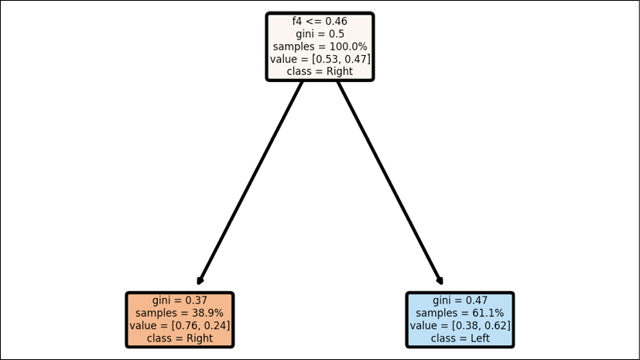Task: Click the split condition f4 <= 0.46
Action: pos(320,21)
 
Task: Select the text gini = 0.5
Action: pos(320,34)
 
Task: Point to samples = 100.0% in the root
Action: pos(320,46)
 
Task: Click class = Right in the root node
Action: pos(320,71)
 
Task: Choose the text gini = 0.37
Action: pos(180,300)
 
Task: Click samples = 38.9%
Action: pos(180,313)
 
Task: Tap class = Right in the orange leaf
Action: pos(180,338)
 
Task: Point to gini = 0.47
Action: pos(460,300)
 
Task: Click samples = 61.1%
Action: pos(460,313)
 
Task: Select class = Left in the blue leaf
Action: pos(460,338)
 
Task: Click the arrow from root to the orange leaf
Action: pos(250,183)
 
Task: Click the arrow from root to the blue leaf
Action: pos(390,183)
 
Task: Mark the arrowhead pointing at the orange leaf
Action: pos(199,282)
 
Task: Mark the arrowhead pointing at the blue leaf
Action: pos(441,282)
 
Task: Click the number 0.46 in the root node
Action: pos(337,21)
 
